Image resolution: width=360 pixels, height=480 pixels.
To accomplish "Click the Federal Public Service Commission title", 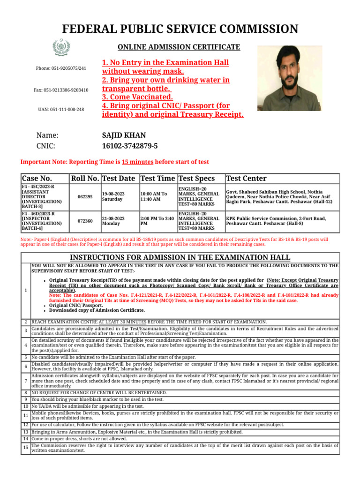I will (180, 29).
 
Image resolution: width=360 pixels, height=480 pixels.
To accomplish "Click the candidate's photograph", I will (290, 78).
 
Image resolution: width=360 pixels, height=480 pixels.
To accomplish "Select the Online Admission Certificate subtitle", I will (179, 47).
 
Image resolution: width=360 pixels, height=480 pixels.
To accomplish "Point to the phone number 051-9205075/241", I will (61, 68).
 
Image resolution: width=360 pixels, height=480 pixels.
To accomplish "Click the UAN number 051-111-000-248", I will (61, 109).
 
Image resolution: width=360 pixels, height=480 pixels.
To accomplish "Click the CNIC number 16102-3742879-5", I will (130, 146).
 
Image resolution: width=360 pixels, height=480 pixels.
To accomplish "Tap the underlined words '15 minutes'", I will (137, 162).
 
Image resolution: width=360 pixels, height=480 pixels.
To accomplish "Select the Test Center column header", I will (246, 179).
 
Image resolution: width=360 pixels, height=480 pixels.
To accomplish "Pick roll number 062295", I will (85, 197).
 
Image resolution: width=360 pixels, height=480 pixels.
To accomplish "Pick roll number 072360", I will (85, 221).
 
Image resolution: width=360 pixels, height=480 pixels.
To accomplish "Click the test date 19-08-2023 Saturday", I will (113, 196).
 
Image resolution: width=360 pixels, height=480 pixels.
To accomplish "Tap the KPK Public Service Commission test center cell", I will (269, 221).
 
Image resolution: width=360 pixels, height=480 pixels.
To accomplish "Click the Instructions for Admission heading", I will (180, 257).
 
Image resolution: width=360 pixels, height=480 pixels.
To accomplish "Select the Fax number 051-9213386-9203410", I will (61, 90).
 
